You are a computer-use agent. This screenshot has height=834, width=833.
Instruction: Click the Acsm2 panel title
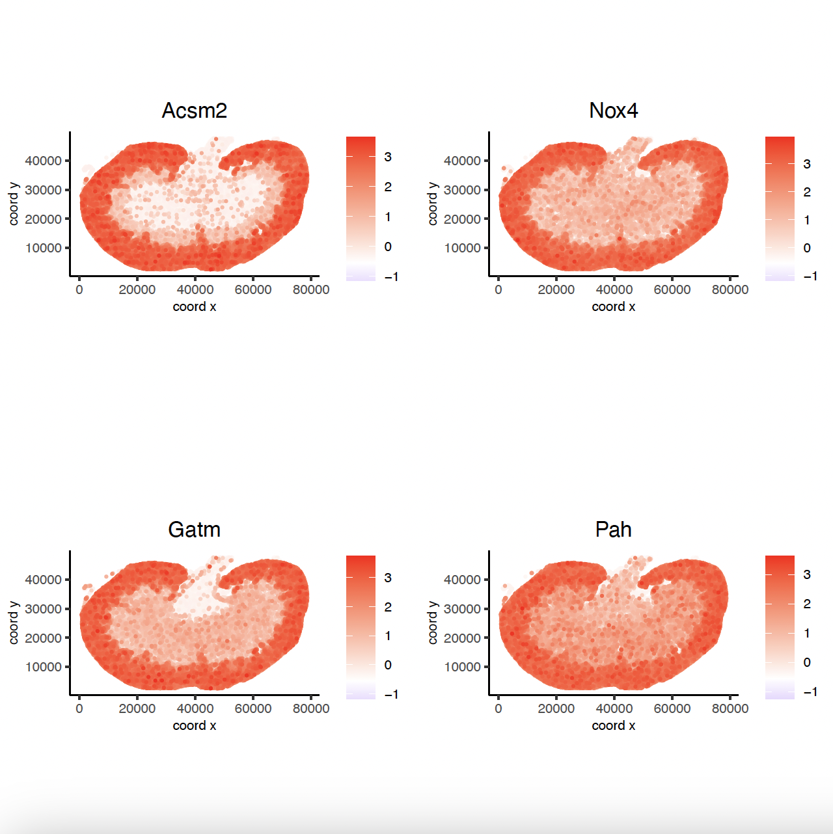click(194, 111)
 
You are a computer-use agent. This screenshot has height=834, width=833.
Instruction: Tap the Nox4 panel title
click(613, 111)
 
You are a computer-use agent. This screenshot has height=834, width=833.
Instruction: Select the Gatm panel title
click(194, 530)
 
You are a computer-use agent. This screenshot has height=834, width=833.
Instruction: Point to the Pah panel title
click(613, 530)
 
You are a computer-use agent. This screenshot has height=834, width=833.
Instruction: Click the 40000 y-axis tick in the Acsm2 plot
click(43, 161)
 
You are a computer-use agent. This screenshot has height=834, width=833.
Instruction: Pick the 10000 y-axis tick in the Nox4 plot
click(462, 248)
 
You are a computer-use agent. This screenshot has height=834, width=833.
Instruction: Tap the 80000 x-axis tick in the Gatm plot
click(311, 708)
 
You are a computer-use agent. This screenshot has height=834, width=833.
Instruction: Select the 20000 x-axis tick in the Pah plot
click(556, 708)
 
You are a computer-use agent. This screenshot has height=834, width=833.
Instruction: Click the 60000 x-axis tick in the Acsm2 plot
click(253, 289)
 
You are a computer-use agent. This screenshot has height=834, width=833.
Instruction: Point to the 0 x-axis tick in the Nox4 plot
click(498, 289)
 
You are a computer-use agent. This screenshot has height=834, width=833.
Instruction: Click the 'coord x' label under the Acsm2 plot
click(194, 306)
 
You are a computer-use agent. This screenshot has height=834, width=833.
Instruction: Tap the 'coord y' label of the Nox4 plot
click(433, 204)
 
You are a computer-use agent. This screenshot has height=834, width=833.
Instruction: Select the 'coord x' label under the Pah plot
click(613, 725)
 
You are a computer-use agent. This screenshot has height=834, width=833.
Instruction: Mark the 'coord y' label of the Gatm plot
click(14, 623)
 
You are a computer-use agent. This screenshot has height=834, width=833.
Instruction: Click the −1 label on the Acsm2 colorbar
click(391, 276)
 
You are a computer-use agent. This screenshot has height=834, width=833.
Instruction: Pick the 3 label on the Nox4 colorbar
click(807, 164)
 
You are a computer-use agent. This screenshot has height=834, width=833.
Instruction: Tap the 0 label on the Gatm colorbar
click(388, 665)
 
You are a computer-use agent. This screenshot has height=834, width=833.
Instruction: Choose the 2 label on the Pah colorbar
click(807, 604)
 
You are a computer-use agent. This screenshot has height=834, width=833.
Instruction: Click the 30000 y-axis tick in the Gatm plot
click(43, 609)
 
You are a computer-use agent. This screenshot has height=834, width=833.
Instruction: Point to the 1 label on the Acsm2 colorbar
click(388, 217)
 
